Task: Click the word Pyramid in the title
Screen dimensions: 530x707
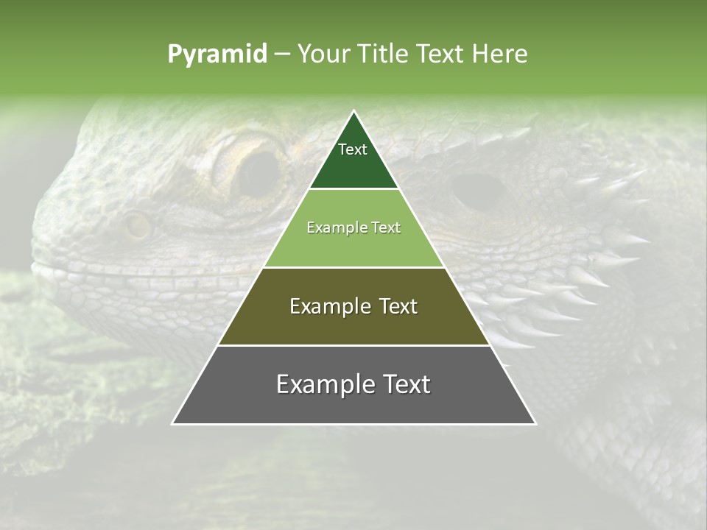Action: [x=217, y=54]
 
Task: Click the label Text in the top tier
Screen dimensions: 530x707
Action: [x=353, y=149]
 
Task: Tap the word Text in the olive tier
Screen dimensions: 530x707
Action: [x=394, y=306]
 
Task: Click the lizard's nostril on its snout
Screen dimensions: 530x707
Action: [x=138, y=226]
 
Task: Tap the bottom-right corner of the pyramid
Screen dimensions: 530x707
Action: [x=535, y=423]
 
